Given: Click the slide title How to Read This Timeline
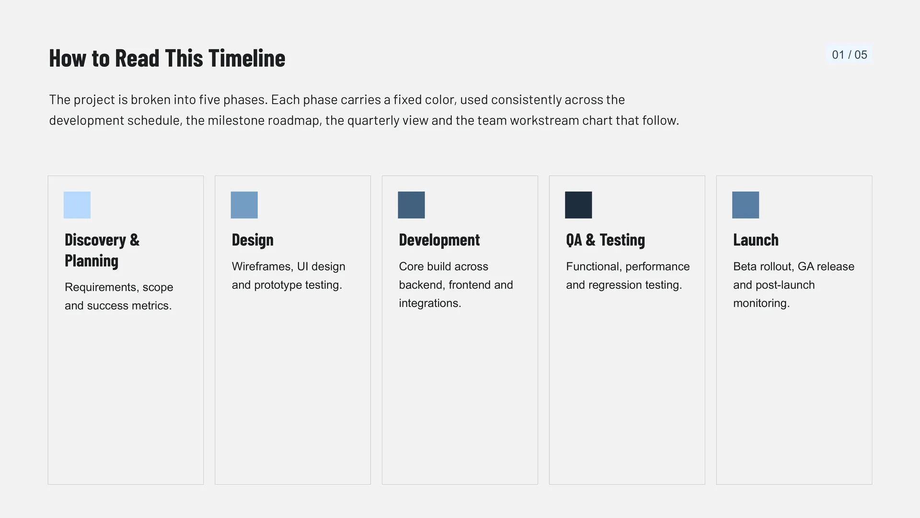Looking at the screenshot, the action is coord(167,58).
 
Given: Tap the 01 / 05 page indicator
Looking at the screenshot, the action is coord(849,55).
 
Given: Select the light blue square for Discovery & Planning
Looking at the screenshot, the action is coord(77,205).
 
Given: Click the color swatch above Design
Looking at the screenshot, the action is coord(244,205).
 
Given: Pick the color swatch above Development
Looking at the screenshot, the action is coord(411,205).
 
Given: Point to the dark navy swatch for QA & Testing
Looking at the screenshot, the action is coord(578,205).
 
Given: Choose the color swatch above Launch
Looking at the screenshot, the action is coord(746,205).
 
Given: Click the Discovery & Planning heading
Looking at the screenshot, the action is coord(102,250).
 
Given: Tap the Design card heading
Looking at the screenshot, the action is coord(253,240).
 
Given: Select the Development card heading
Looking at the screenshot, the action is coord(439,240).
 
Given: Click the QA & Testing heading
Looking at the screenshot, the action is coord(605,240).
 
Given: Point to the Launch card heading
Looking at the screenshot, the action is coord(756,240).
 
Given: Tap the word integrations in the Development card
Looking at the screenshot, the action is coord(430,304).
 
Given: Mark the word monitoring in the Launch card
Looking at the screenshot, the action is coord(761,304).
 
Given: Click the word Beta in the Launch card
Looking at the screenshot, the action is coord(745,267).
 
